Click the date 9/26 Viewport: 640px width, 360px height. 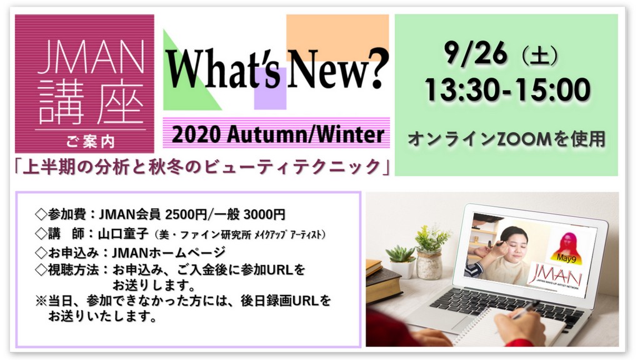476,53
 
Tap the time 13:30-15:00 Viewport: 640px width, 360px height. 507,90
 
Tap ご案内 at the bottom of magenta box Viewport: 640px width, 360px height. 91,142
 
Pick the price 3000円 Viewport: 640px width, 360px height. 264,214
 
